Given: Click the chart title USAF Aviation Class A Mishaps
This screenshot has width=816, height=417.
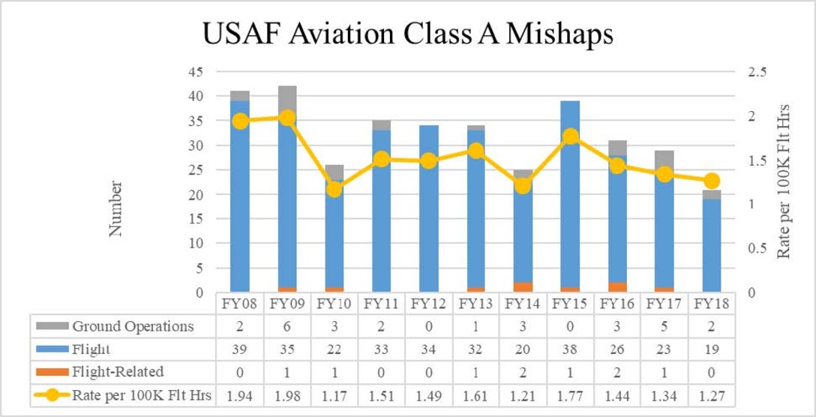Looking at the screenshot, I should pyautogui.click(x=407, y=34).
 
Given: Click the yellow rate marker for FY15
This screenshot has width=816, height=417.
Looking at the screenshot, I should pyautogui.click(x=571, y=136).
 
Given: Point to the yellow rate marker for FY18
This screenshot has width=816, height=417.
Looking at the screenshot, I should pyautogui.click(x=712, y=181).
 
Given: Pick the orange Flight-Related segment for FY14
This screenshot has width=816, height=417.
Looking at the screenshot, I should pyautogui.click(x=523, y=286).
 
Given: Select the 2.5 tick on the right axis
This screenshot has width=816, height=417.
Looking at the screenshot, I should pyautogui.click(x=755, y=72).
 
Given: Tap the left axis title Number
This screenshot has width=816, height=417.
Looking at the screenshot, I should pyautogui.click(x=115, y=208).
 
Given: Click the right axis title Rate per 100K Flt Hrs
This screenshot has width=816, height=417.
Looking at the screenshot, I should pyautogui.click(x=784, y=182).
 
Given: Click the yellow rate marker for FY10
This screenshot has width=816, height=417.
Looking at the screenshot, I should pyautogui.click(x=334, y=189).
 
